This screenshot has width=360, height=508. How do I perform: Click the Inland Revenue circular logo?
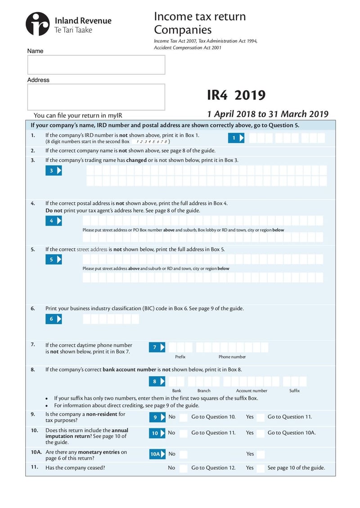click(x=37, y=24)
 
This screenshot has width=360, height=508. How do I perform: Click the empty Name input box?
click(x=96, y=65)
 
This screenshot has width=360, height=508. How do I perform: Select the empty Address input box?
click(x=96, y=97)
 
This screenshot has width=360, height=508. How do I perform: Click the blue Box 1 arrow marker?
click(x=236, y=138)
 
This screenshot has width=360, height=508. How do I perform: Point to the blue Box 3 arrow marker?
click(x=54, y=170)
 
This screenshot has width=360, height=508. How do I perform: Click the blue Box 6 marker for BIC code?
click(x=54, y=319)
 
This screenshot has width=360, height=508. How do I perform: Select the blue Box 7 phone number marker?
click(x=157, y=347)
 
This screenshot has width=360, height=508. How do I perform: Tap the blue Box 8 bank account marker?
click(x=157, y=381)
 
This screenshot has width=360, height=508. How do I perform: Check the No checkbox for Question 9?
click(x=184, y=417)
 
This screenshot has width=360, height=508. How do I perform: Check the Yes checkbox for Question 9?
click(x=261, y=417)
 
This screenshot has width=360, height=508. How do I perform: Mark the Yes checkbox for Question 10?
click(x=261, y=433)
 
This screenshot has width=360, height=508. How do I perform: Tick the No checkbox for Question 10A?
click(x=184, y=454)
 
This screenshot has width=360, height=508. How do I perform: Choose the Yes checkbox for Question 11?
click(x=261, y=468)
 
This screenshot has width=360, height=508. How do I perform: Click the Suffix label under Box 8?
click(x=294, y=391)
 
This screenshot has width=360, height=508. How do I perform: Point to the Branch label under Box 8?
click(x=204, y=391)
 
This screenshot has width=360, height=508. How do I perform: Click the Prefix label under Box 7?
click(x=180, y=356)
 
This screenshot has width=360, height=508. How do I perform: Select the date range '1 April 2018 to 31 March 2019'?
click(x=267, y=114)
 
